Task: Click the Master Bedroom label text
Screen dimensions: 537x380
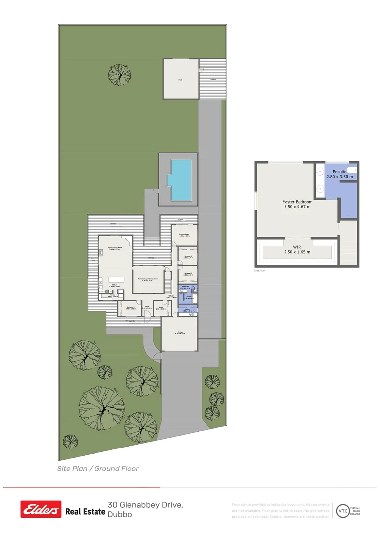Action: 297,202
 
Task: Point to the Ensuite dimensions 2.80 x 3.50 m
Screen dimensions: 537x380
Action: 339,177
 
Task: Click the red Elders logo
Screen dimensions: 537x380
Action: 41,510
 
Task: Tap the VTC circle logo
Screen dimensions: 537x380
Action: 343,510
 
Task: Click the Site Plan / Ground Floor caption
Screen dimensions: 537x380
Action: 97,468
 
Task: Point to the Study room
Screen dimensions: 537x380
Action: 160,308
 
